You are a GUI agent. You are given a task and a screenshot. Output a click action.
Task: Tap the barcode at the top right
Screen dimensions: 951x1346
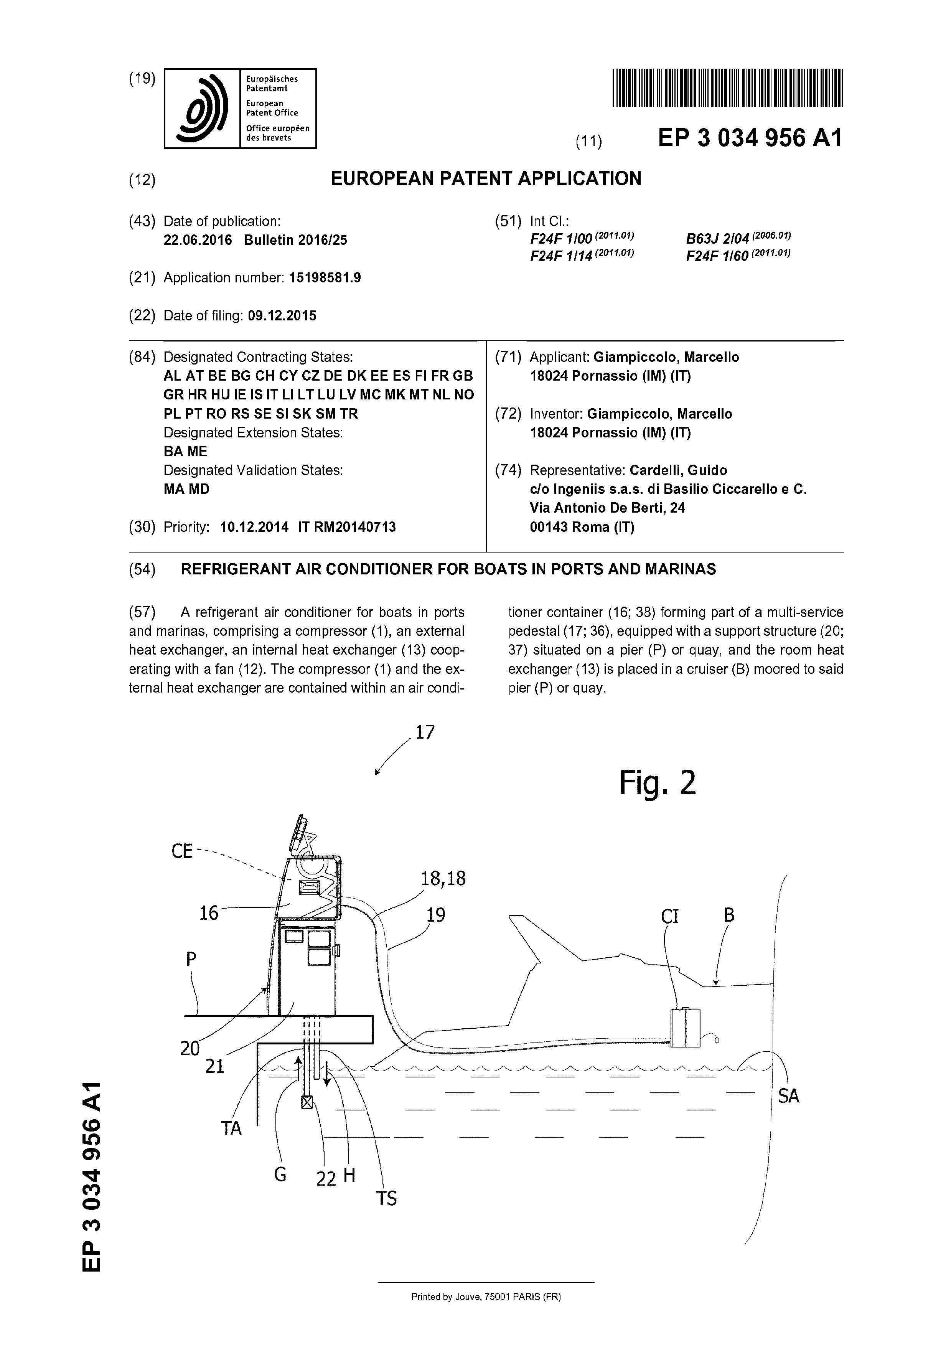point(727,88)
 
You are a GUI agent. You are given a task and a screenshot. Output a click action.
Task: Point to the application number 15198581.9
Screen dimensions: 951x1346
point(325,278)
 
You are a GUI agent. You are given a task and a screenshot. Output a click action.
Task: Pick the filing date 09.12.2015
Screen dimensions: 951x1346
point(282,316)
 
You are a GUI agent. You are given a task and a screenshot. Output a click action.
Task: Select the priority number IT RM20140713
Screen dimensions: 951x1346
point(347,527)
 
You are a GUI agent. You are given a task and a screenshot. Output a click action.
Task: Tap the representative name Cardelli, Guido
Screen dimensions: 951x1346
point(678,470)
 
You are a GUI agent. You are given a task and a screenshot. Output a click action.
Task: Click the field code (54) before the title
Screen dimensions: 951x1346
point(142,569)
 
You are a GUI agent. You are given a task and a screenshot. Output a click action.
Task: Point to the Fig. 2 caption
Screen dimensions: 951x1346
point(658,783)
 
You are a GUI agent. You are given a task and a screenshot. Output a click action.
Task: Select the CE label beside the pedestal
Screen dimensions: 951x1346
point(182,851)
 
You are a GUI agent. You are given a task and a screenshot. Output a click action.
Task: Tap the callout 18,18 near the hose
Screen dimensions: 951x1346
point(443,879)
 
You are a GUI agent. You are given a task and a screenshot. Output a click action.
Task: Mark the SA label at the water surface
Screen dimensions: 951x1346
point(789,1096)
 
